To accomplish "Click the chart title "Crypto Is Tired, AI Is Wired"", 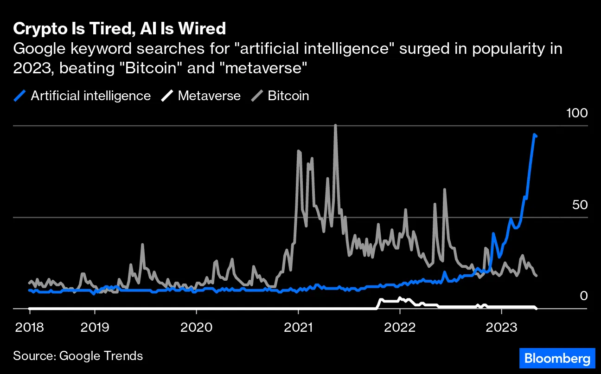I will [x=119, y=29].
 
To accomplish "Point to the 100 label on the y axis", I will [x=577, y=113].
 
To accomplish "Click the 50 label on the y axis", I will [x=580, y=205].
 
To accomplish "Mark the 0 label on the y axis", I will [x=583, y=296].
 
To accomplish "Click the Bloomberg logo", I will [x=556, y=358].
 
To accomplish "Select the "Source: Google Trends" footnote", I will [x=78, y=356].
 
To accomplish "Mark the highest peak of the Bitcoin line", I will [x=335, y=125].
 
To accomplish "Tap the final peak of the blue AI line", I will [x=534, y=135].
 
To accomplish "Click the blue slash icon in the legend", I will [x=20, y=96].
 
